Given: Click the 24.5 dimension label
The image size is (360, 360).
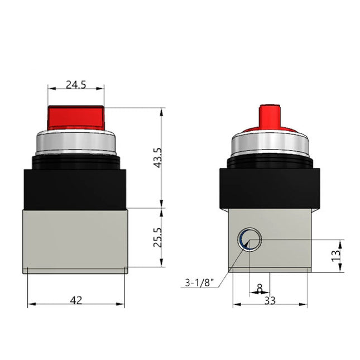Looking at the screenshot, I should [x=76, y=85].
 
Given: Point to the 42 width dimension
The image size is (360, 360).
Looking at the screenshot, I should [x=76, y=300].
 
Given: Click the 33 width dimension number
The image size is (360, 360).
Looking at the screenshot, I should [x=270, y=300].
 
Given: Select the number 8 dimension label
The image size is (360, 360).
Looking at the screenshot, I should [x=258, y=288].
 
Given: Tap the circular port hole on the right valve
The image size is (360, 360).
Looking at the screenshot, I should [x=249, y=240].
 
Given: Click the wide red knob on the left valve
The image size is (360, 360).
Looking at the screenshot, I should [x=76, y=117].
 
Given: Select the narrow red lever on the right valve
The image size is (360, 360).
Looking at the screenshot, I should [x=270, y=116].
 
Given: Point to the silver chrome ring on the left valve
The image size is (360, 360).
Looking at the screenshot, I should [x=76, y=143].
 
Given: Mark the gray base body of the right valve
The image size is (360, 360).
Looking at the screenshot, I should [x=285, y=246].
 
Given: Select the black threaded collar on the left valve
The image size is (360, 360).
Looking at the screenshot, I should [x=76, y=161].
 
